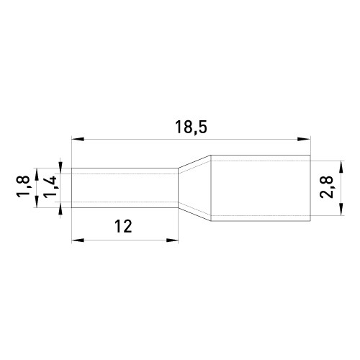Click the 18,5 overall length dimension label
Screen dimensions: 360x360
pyautogui.click(x=191, y=127)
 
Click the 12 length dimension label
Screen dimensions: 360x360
pyautogui.click(x=123, y=226)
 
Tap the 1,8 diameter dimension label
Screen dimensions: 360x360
pyautogui.click(x=23, y=186)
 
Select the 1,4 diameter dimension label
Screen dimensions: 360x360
pyautogui.click(x=50, y=187)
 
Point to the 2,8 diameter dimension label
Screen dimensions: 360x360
pyautogui.click(x=326, y=187)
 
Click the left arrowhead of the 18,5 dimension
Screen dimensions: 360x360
pyautogui.click(x=78, y=139)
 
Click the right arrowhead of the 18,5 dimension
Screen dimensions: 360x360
pyautogui.click(x=304, y=139)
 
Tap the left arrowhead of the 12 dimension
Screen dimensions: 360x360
pyautogui.click(x=78, y=240)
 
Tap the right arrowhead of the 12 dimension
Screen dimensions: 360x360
pyautogui.click(x=172, y=240)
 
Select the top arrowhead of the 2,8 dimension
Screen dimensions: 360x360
pyautogui.click(x=341, y=167)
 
